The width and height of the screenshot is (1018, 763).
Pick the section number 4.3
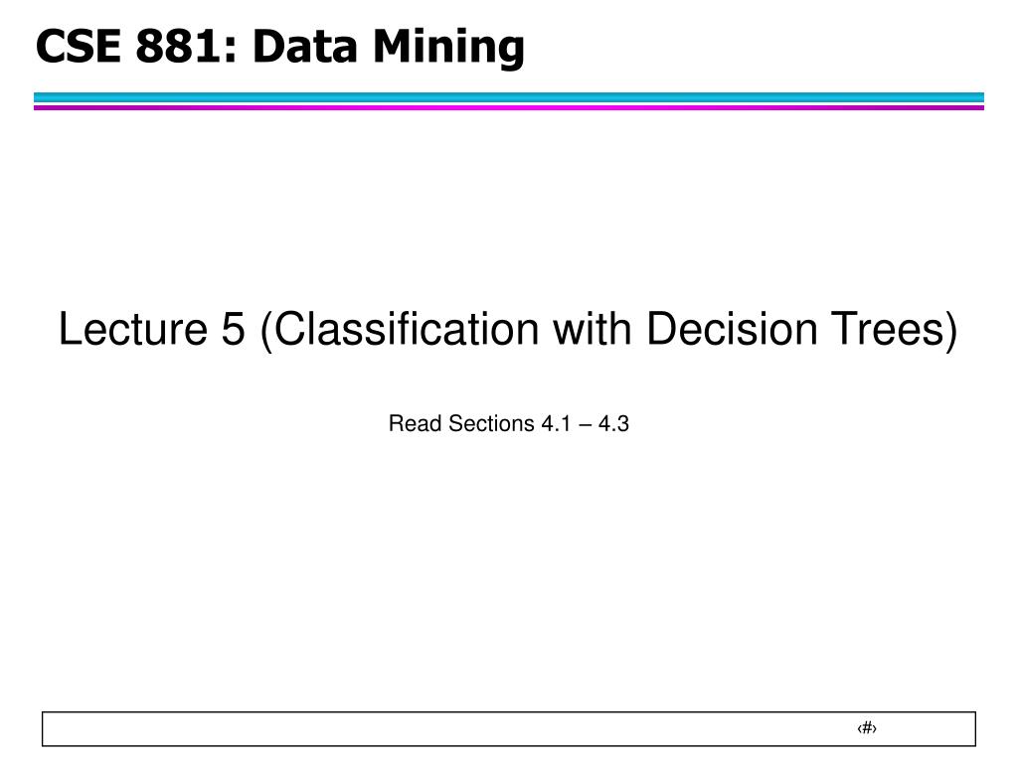point(613,424)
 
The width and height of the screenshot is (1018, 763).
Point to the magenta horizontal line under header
point(509,107)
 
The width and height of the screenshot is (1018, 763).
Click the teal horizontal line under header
point(509,97)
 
